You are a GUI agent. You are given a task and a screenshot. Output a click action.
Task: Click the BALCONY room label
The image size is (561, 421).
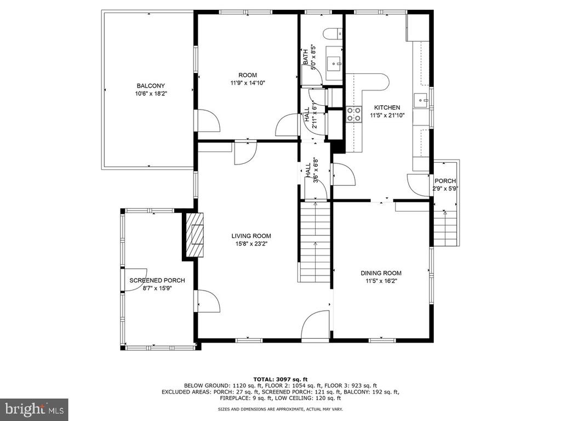(x=151, y=86)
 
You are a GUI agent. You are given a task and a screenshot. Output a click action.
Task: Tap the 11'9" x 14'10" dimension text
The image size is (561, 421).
(x=248, y=83)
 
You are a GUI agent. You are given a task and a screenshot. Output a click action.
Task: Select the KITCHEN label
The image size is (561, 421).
(x=387, y=107)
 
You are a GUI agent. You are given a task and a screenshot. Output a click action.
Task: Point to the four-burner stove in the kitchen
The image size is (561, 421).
(x=353, y=115)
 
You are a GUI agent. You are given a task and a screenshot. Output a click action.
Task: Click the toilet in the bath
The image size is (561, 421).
(x=333, y=33)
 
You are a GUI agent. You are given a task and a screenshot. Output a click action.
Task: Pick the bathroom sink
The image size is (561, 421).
(x=334, y=64)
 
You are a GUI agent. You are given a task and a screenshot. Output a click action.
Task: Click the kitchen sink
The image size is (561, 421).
(x=421, y=100)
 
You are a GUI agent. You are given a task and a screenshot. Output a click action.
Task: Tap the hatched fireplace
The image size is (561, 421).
(x=195, y=235)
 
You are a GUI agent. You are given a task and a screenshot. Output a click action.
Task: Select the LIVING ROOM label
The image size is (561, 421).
(x=251, y=236)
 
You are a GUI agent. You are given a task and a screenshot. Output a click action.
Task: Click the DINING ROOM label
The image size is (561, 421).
(x=381, y=273)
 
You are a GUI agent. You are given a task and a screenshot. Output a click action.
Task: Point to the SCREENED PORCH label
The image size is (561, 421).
(x=157, y=280)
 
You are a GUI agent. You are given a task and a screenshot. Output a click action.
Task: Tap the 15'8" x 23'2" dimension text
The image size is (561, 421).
(x=251, y=244)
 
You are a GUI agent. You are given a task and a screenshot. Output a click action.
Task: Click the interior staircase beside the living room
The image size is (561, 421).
(x=315, y=242)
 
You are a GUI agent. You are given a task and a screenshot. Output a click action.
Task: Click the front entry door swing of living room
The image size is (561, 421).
(x=315, y=325)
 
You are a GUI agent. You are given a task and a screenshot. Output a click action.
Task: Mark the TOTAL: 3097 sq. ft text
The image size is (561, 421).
(x=280, y=379)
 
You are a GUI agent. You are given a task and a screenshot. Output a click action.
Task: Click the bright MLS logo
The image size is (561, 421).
(x=35, y=409)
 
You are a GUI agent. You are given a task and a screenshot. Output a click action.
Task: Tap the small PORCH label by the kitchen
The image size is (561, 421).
(x=445, y=181)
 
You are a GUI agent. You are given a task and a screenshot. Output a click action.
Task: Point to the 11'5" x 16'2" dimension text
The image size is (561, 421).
(x=381, y=281)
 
